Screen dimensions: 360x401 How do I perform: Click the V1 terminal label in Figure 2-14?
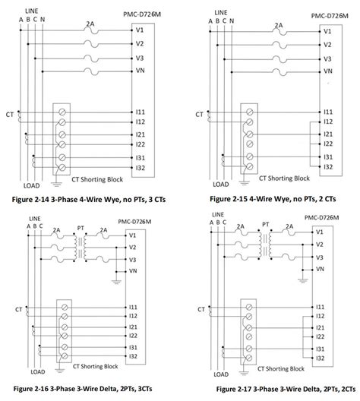pyautogui.click(x=141, y=31)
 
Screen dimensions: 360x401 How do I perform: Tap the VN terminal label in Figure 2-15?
pyautogui.click(x=327, y=71)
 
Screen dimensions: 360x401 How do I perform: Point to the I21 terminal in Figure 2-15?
pyautogui.click(x=327, y=133)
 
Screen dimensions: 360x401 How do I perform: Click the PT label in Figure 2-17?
pyautogui.click(x=266, y=225)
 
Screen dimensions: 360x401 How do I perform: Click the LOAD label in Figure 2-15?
pyautogui.click(x=220, y=184)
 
